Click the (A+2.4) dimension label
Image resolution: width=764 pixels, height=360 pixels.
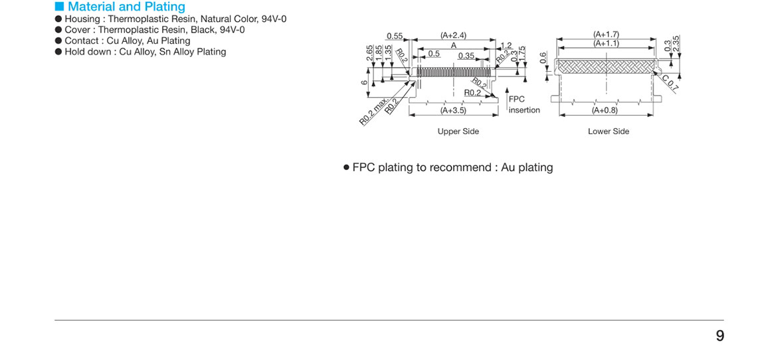coord(453,35)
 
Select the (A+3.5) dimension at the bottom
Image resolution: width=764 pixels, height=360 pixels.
coord(453,110)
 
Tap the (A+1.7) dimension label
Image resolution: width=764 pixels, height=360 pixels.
coord(606,35)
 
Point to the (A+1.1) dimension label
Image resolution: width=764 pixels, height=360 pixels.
coord(606,43)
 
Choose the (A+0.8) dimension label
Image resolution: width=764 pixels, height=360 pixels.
coord(605,110)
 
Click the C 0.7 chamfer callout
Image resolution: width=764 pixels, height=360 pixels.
coord(670,83)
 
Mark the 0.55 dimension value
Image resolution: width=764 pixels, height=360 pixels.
coord(395,36)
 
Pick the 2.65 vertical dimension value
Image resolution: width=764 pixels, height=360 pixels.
coord(370,53)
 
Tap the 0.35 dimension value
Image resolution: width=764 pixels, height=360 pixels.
coord(466,56)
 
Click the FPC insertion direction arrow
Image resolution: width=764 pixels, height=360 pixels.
coord(506,94)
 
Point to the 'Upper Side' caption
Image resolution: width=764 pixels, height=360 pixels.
coord(458,132)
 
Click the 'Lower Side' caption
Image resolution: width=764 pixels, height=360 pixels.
coord(608,132)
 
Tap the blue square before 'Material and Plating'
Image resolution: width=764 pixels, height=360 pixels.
coord(59,7)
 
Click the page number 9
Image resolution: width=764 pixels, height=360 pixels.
coord(719,336)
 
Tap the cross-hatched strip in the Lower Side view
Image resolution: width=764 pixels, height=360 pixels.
coord(606,65)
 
